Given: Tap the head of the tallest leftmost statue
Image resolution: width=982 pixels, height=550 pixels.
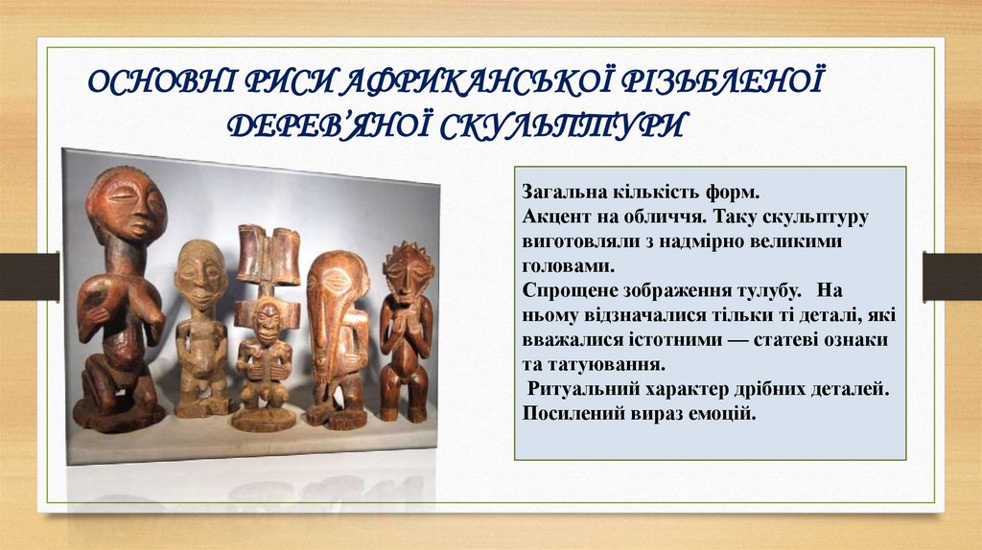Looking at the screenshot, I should point(126,207).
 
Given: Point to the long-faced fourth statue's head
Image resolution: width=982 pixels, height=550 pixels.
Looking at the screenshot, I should point(337,287).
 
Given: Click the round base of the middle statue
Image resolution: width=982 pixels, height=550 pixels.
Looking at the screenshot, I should point(264,420).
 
